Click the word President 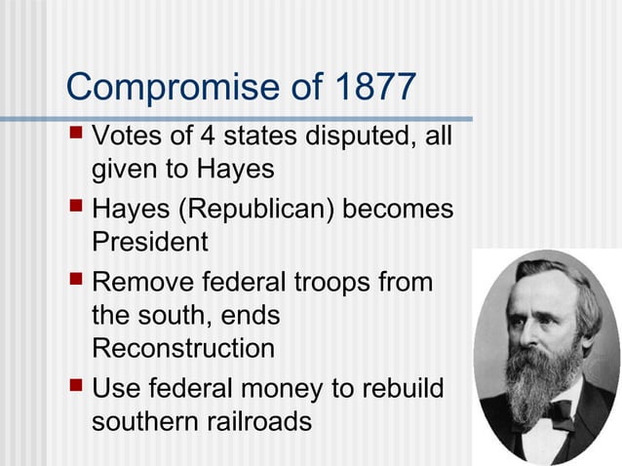pos(149,240)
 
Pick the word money pos(276,390)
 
